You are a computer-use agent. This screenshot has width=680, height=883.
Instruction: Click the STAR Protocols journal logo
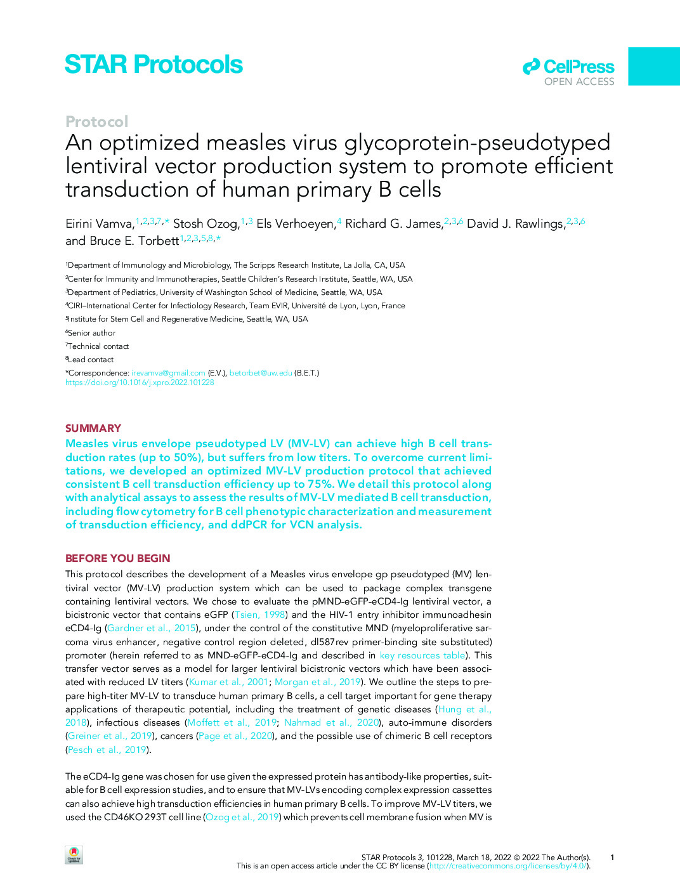(154, 65)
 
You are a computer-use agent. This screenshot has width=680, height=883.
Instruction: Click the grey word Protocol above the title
(96, 121)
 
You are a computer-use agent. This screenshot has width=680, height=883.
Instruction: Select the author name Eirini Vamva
(100, 224)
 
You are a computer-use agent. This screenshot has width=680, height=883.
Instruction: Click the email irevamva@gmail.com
(168, 373)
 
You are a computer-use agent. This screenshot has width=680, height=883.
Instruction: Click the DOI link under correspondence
(140, 383)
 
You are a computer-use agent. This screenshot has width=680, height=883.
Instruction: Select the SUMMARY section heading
(93, 428)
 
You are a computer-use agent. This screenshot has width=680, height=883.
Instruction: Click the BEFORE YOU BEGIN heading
(117, 558)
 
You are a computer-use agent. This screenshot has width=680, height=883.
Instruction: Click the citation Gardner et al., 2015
(151, 628)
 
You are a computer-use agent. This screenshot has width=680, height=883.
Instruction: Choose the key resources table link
(422, 655)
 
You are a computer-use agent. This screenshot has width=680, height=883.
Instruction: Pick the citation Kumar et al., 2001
(228, 682)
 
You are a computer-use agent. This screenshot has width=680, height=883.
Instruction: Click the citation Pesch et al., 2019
(107, 750)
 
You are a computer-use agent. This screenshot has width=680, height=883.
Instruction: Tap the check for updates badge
(74, 855)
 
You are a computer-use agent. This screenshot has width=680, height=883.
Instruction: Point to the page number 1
(612, 858)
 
